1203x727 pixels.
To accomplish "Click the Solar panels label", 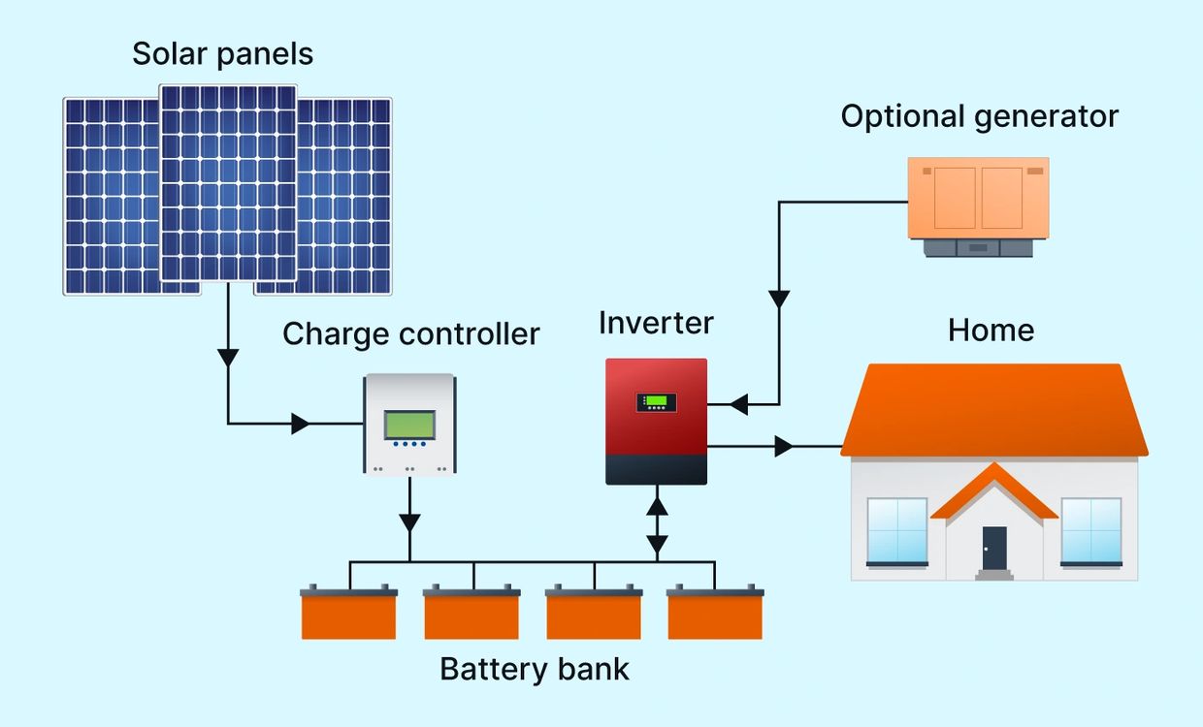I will [222, 53].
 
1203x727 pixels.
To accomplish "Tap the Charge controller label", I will [410, 334].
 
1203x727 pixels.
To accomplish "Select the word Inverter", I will [656, 323].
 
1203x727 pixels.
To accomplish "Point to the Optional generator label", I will [979, 116].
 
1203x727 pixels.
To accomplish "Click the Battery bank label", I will [535, 669].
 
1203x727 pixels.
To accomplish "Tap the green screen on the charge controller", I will [409, 425].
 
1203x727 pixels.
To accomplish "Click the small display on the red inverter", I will [657, 401].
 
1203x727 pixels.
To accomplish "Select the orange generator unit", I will [978, 199].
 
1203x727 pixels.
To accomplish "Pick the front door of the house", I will [994, 549].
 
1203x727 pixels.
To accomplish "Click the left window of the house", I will [896, 531].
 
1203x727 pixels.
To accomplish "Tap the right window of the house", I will [1091, 531].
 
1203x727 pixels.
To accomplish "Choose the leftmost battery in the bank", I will [348, 614].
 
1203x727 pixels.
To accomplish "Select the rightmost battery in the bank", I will [715, 614].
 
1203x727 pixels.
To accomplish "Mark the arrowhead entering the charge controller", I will [300, 424].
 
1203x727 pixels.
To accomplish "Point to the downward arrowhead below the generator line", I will [778, 299].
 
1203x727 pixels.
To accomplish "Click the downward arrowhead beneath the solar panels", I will [228, 357].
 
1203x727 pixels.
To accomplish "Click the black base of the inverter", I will [657, 469].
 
